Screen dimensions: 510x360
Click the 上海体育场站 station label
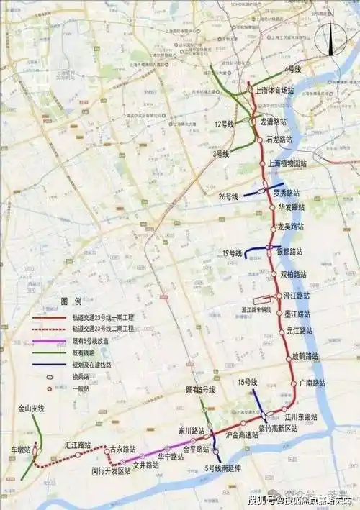pos(275,91)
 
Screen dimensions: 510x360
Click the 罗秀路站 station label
pos(288,193)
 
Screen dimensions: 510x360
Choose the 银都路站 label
pos(289,252)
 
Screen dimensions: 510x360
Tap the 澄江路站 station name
pos(296,295)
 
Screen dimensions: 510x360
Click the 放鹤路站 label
pos(305,356)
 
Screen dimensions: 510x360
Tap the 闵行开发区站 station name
pos(110,470)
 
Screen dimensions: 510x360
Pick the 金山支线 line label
pos(32,409)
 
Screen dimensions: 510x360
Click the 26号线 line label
pos(228,196)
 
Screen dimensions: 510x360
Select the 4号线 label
pos(292,68)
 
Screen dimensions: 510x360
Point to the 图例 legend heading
pos(70,301)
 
